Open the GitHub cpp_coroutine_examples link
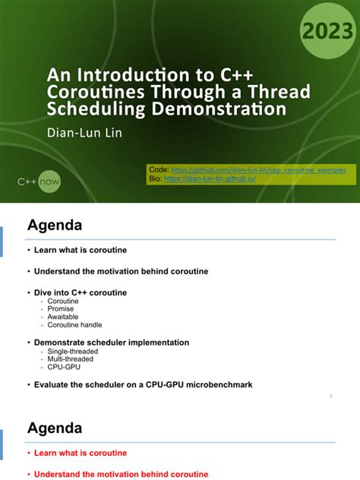(258, 170)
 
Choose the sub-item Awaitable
(62, 317)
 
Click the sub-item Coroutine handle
(74, 325)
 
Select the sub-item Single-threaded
(73, 352)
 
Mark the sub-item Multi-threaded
(71, 359)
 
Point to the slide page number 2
(332, 396)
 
